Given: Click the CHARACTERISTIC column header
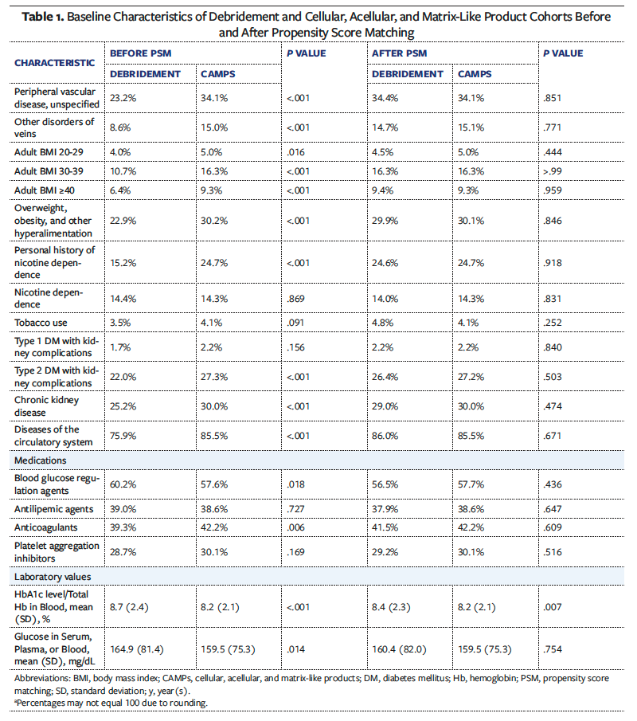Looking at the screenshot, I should click(55, 62).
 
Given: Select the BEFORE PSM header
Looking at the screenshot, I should click(141, 53).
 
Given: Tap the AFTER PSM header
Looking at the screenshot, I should click(400, 53).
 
